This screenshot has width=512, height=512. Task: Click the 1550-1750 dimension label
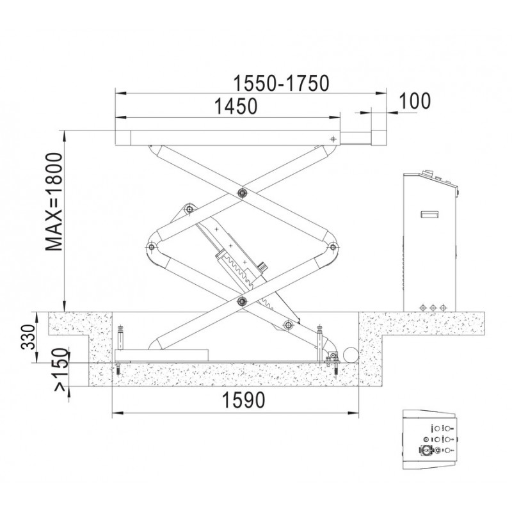[281, 84]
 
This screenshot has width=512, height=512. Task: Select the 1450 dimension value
[236, 106]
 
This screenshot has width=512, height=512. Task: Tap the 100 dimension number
[415, 101]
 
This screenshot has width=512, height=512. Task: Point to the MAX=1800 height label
[54, 202]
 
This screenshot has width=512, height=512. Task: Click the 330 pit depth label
[28, 337]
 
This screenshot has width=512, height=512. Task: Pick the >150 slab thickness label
[61, 370]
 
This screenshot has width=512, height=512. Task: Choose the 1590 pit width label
[243, 400]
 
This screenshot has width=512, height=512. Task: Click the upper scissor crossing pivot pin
[242, 193]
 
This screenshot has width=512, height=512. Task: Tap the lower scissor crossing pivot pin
[242, 301]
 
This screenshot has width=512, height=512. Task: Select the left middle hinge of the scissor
[151, 246]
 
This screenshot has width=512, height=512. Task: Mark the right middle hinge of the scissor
[332, 246]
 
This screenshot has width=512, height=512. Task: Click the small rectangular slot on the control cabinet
[429, 214]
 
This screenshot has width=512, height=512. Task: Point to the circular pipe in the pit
[349, 355]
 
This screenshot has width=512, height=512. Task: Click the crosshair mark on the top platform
[333, 139]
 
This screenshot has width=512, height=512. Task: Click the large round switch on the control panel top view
[425, 450]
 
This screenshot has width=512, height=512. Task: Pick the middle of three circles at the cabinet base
[433, 307]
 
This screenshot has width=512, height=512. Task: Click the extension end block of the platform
[379, 138]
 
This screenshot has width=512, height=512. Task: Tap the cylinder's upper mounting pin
[188, 209]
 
